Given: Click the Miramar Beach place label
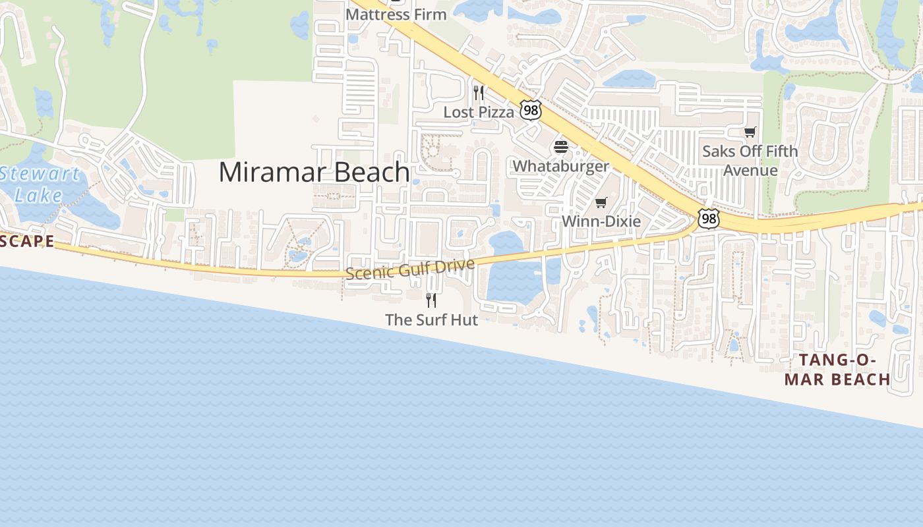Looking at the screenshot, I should click(x=314, y=172).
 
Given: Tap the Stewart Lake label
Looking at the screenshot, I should click(x=40, y=184).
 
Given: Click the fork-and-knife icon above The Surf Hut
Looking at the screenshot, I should click(x=431, y=300).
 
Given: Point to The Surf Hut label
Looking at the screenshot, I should click(x=431, y=320).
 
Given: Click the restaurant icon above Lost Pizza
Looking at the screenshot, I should click(x=479, y=92).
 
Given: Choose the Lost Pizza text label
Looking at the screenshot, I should click(x=478, y=113).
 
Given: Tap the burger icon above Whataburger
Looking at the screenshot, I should click(x=561, y=146).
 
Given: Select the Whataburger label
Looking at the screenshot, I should click(x=561, y=166).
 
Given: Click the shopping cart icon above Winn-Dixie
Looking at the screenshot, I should click(x=601, y=202).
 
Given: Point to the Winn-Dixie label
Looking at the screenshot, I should click(x=601, y=221).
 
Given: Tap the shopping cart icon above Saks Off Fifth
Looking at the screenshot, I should click(x=750, y=132).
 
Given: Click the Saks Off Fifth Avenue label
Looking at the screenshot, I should click(x=750, y=161).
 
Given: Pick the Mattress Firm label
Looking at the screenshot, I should click(x=396, y=14).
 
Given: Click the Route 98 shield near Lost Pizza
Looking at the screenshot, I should click(x=530, y=110).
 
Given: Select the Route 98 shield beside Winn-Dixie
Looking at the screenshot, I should click(x=708, y=219).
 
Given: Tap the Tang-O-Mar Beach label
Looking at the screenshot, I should click(x=837, y=370).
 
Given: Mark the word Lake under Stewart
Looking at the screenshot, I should click(x=38, y=195).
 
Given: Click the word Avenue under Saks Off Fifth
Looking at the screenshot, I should click(x=750, y=171).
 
